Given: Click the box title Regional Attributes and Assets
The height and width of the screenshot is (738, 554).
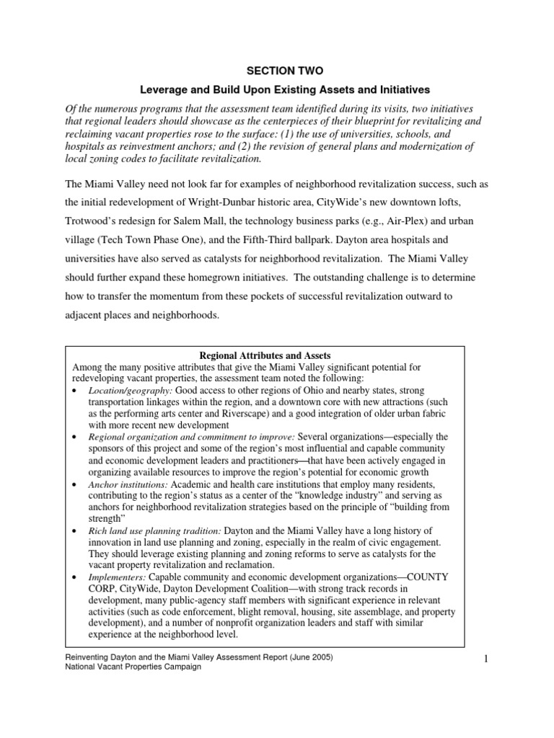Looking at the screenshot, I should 264,356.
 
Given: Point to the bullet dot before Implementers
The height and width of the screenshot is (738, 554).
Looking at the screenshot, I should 76,578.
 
